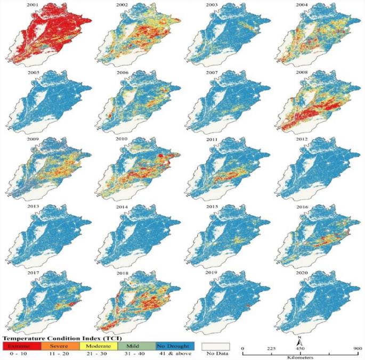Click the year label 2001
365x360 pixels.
tap(38, 4)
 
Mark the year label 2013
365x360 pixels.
tap(38, 205)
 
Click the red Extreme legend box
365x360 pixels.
tap(19, 346)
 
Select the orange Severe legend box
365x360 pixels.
tap(56, 346)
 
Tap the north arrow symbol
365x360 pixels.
tap(300, 339)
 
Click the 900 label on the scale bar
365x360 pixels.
tap(357, 348)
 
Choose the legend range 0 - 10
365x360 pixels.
tap(19, 354)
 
